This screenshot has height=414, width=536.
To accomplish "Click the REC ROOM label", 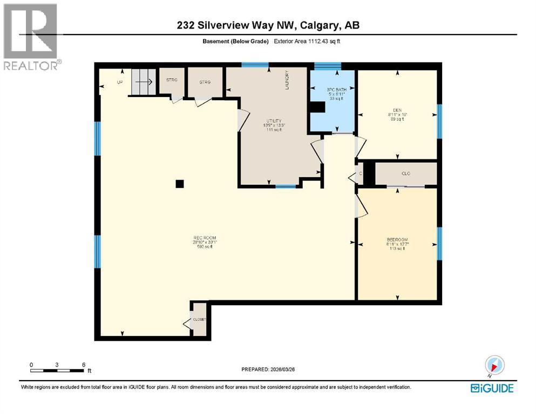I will click(x=205, y=238).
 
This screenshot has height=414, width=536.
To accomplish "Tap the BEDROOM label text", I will click(x=397, y=239).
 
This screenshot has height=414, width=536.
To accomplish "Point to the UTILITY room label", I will click(x=274, y=121).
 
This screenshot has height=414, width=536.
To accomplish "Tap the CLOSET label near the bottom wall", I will click(x=200, y=319).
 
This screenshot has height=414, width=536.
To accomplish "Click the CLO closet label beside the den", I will click(x=406, y=174).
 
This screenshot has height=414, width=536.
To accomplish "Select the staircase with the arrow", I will click(x=143, y=82).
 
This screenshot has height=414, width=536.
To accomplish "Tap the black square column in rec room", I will click(x=180, y=184).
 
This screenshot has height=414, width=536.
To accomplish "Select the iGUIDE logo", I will click(x=492, y=388).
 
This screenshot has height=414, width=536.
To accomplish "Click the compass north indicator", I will click(x=494, y=365).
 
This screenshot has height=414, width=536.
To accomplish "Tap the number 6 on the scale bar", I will click(x=84, y=364).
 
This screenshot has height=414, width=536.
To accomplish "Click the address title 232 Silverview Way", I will click(x=268, y=25).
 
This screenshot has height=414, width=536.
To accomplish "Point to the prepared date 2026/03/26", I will click(x=268, y=369).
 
